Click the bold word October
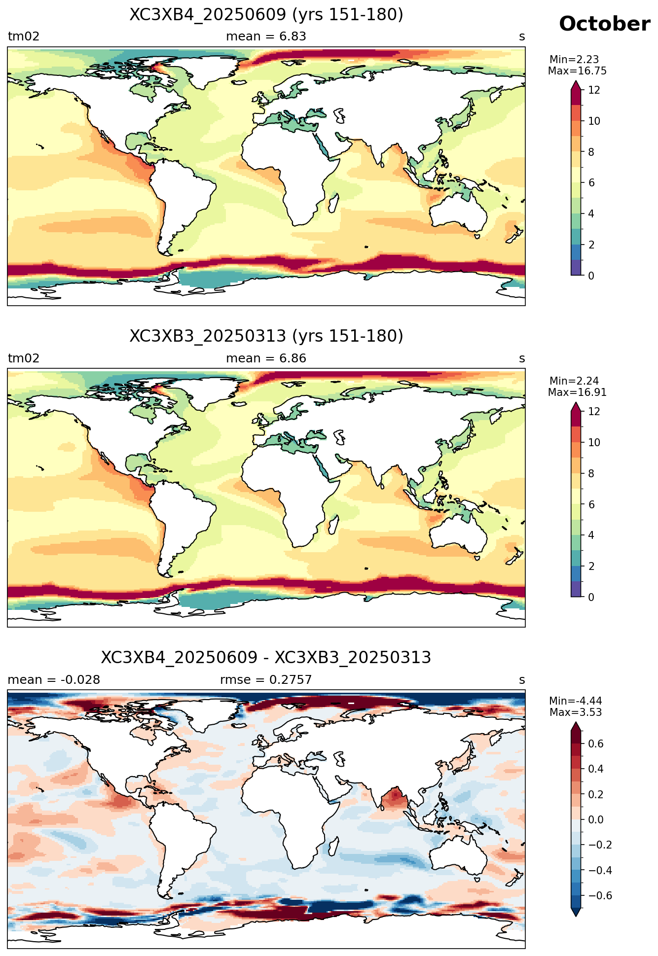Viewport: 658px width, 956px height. point(604,24)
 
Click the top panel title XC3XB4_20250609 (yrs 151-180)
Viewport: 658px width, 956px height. point(266,15)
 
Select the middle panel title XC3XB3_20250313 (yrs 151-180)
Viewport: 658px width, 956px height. point(266,336)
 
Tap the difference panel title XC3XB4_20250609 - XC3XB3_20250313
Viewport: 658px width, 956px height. point(266,658)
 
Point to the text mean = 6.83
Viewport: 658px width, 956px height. point(266,36)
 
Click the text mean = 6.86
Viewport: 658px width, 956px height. point(266,358)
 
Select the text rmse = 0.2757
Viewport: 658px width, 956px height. point(266,680)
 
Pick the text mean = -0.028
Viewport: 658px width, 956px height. point(54,680)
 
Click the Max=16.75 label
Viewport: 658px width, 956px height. point(577,71)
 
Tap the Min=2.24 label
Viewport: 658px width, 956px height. point(574,381)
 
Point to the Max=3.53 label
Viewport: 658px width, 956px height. point(576,712)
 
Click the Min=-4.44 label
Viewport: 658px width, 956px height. point(576,701)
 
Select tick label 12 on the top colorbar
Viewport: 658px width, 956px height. point(594,90)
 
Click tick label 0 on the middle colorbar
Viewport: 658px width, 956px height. point(591,597)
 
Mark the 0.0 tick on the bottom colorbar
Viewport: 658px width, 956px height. point(596,820)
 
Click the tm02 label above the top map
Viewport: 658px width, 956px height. point(24,36)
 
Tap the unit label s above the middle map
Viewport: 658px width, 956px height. point(522,359)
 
